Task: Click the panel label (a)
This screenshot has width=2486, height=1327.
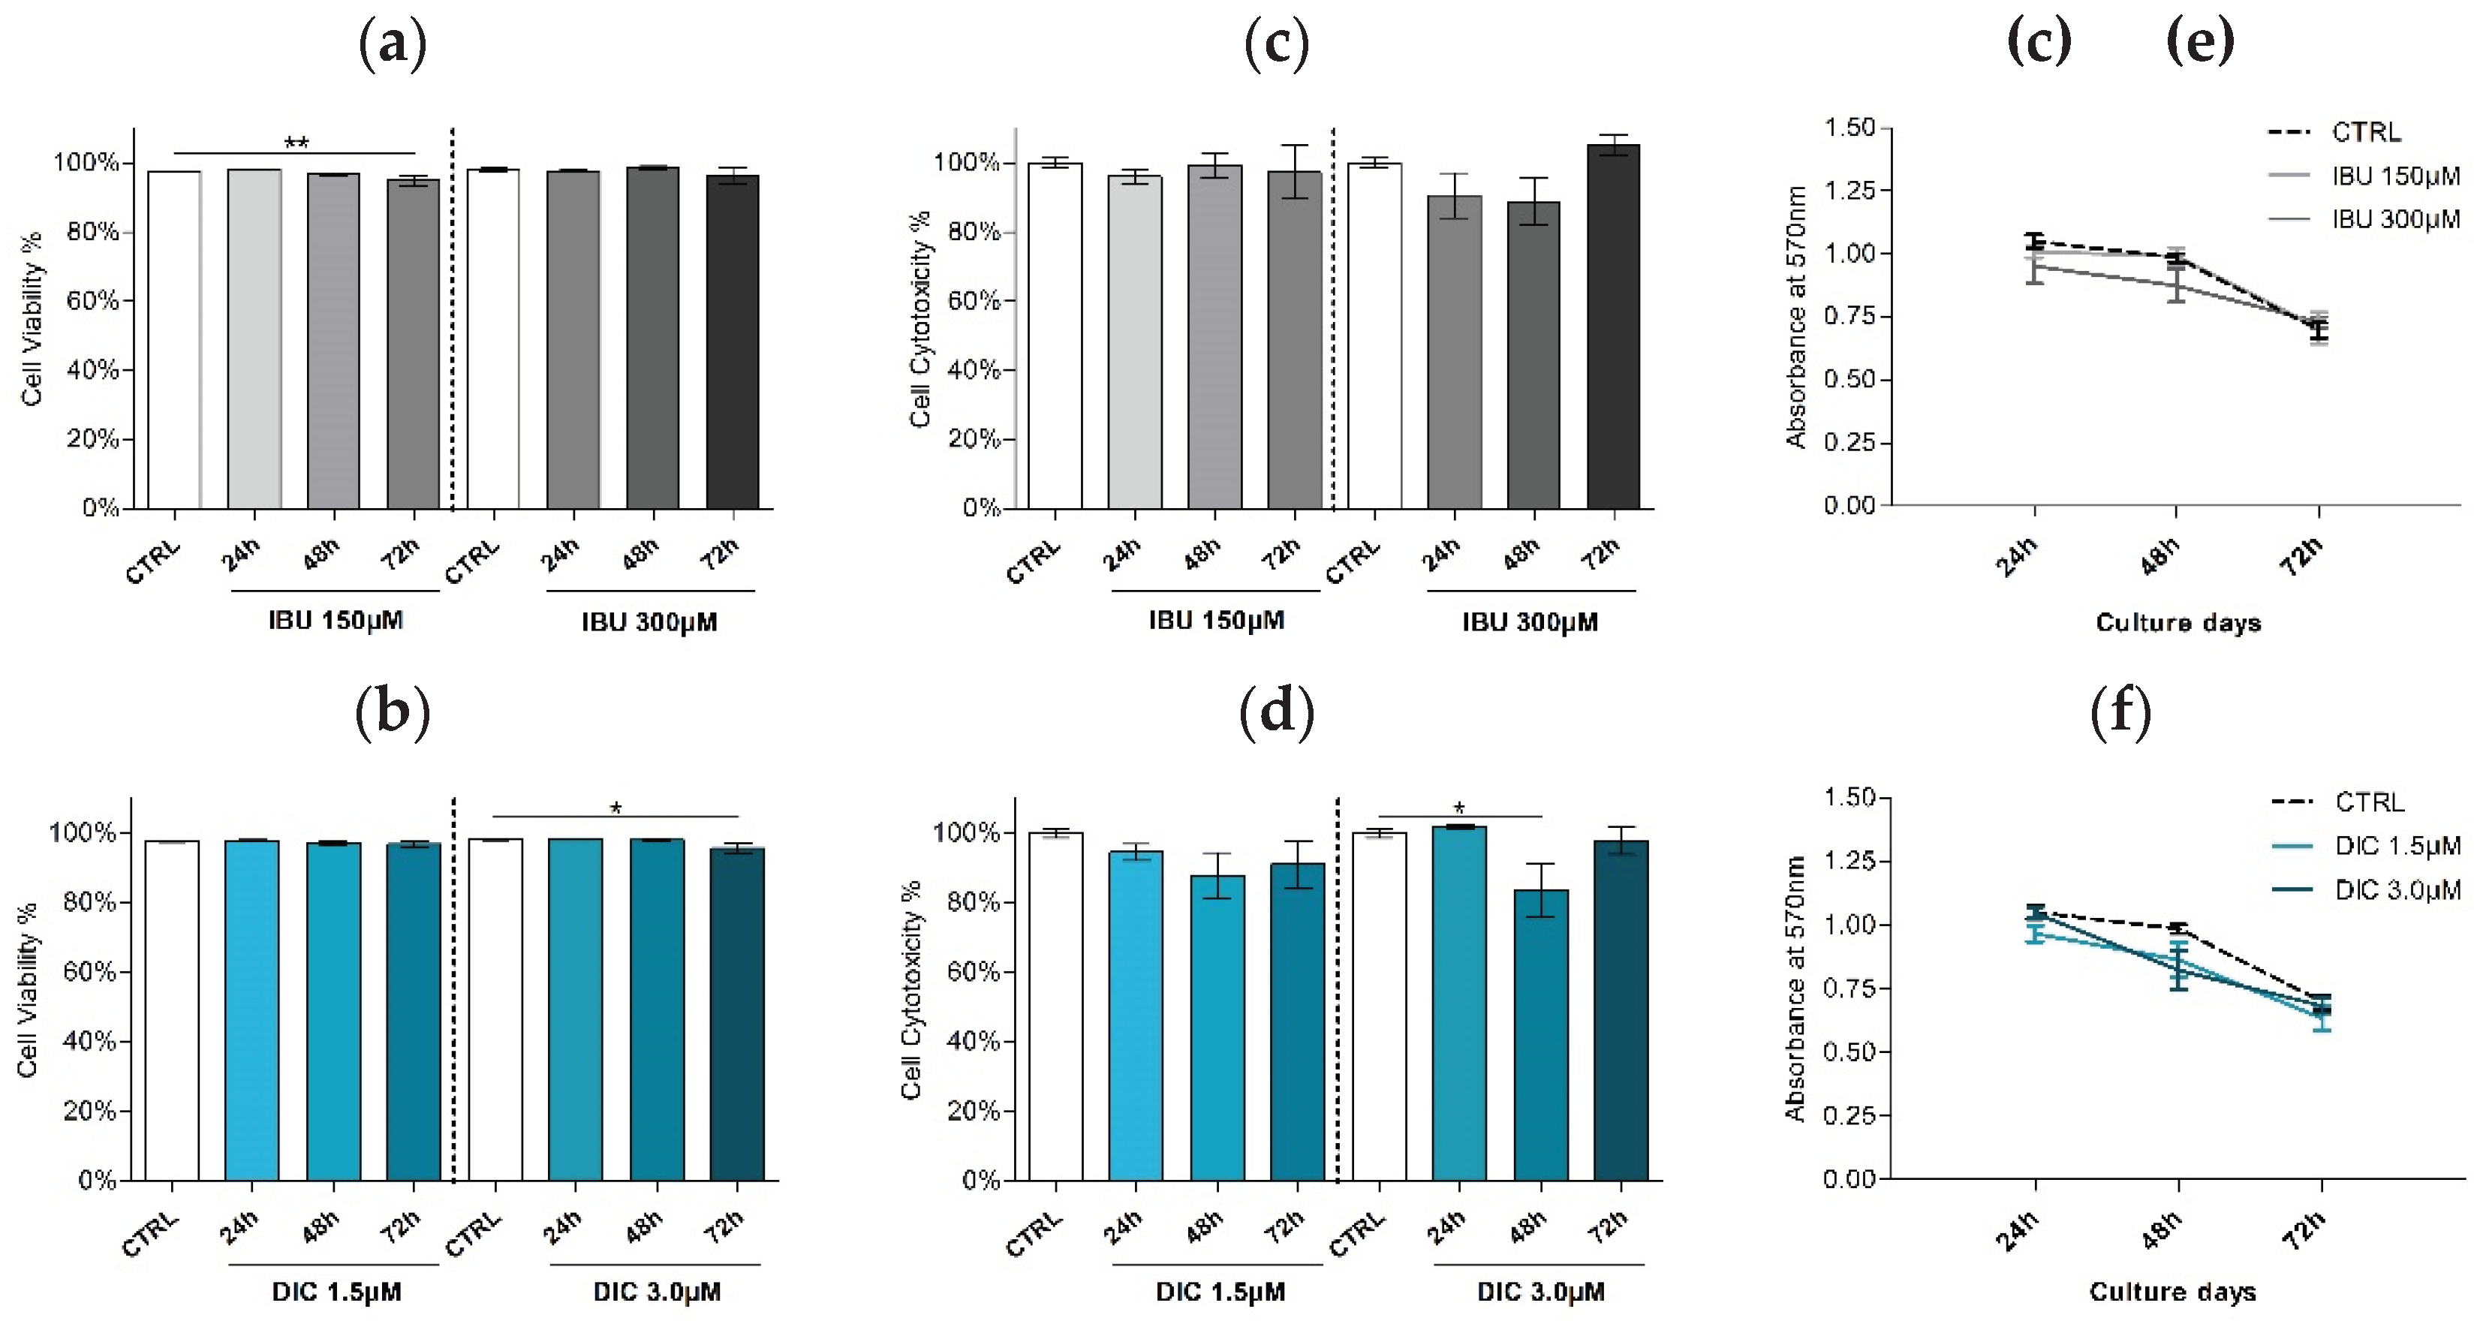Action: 392,44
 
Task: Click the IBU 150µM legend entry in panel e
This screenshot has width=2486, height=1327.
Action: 2394,176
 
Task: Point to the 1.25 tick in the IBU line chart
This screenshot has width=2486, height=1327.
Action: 1849,190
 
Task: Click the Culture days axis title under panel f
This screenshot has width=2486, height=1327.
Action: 2172,1292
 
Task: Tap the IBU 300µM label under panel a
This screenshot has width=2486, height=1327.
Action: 649,622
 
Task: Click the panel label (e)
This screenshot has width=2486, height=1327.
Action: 2199,44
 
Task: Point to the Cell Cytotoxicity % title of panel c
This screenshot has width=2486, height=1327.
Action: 919,318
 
